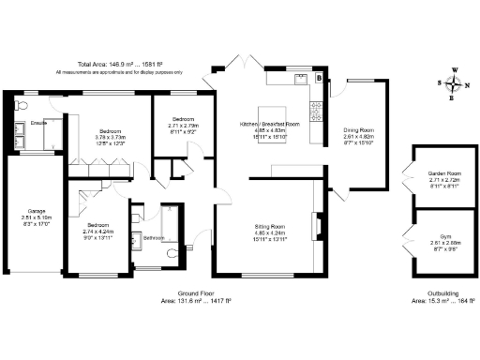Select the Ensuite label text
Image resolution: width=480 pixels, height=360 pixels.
coord(38,123)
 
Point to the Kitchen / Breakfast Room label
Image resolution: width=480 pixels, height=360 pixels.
coord(270,125)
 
